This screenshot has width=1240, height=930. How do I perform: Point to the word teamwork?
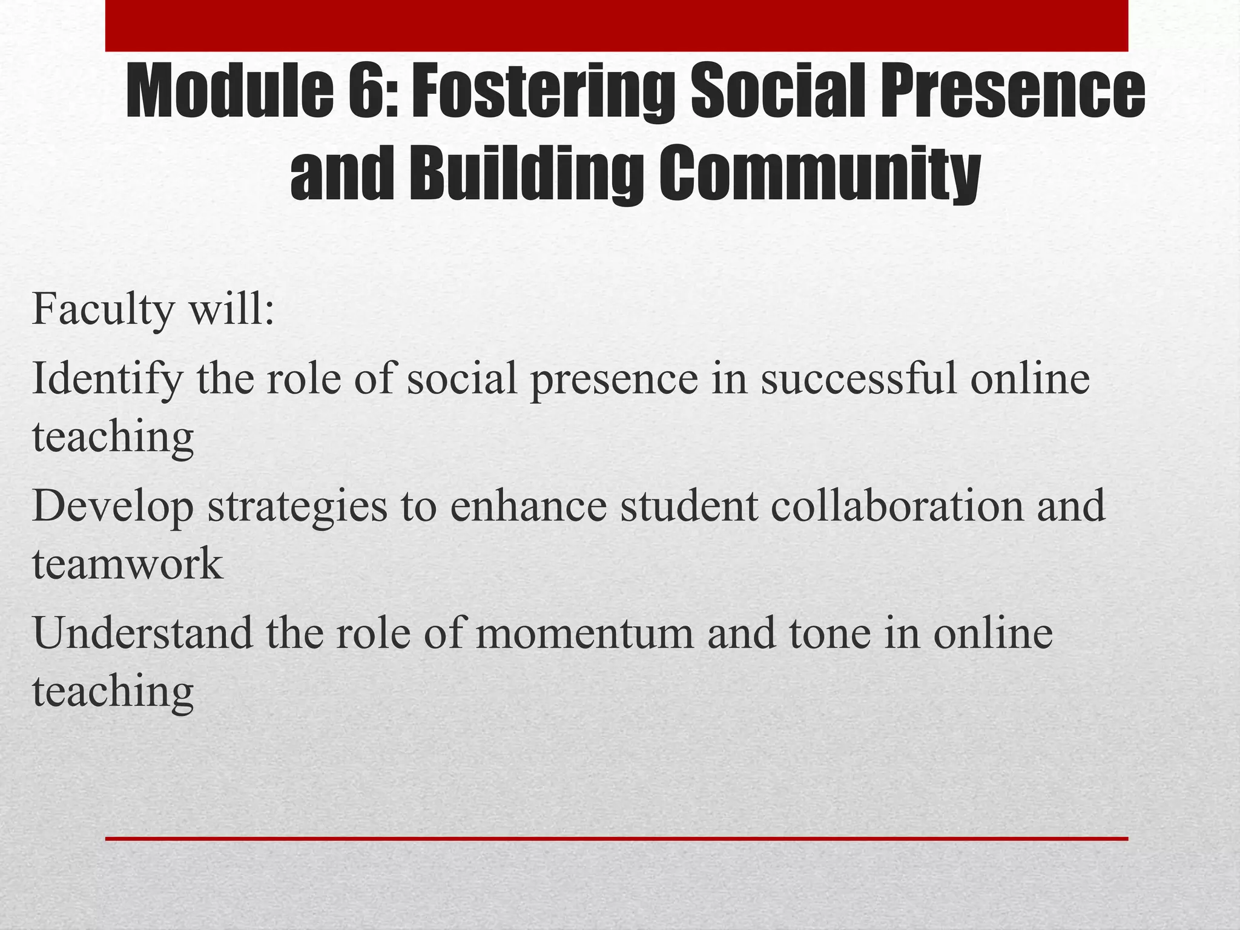[127, 564]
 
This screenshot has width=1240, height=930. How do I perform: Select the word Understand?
[143, 633]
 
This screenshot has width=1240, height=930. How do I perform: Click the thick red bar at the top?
[616, 25]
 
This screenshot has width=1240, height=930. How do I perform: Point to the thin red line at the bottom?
[616, 839]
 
